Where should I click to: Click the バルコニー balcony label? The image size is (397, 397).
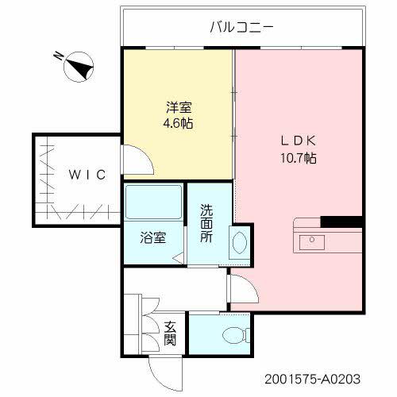241,26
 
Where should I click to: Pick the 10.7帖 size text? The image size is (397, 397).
298,158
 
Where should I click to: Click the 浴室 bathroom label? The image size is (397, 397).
153,237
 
